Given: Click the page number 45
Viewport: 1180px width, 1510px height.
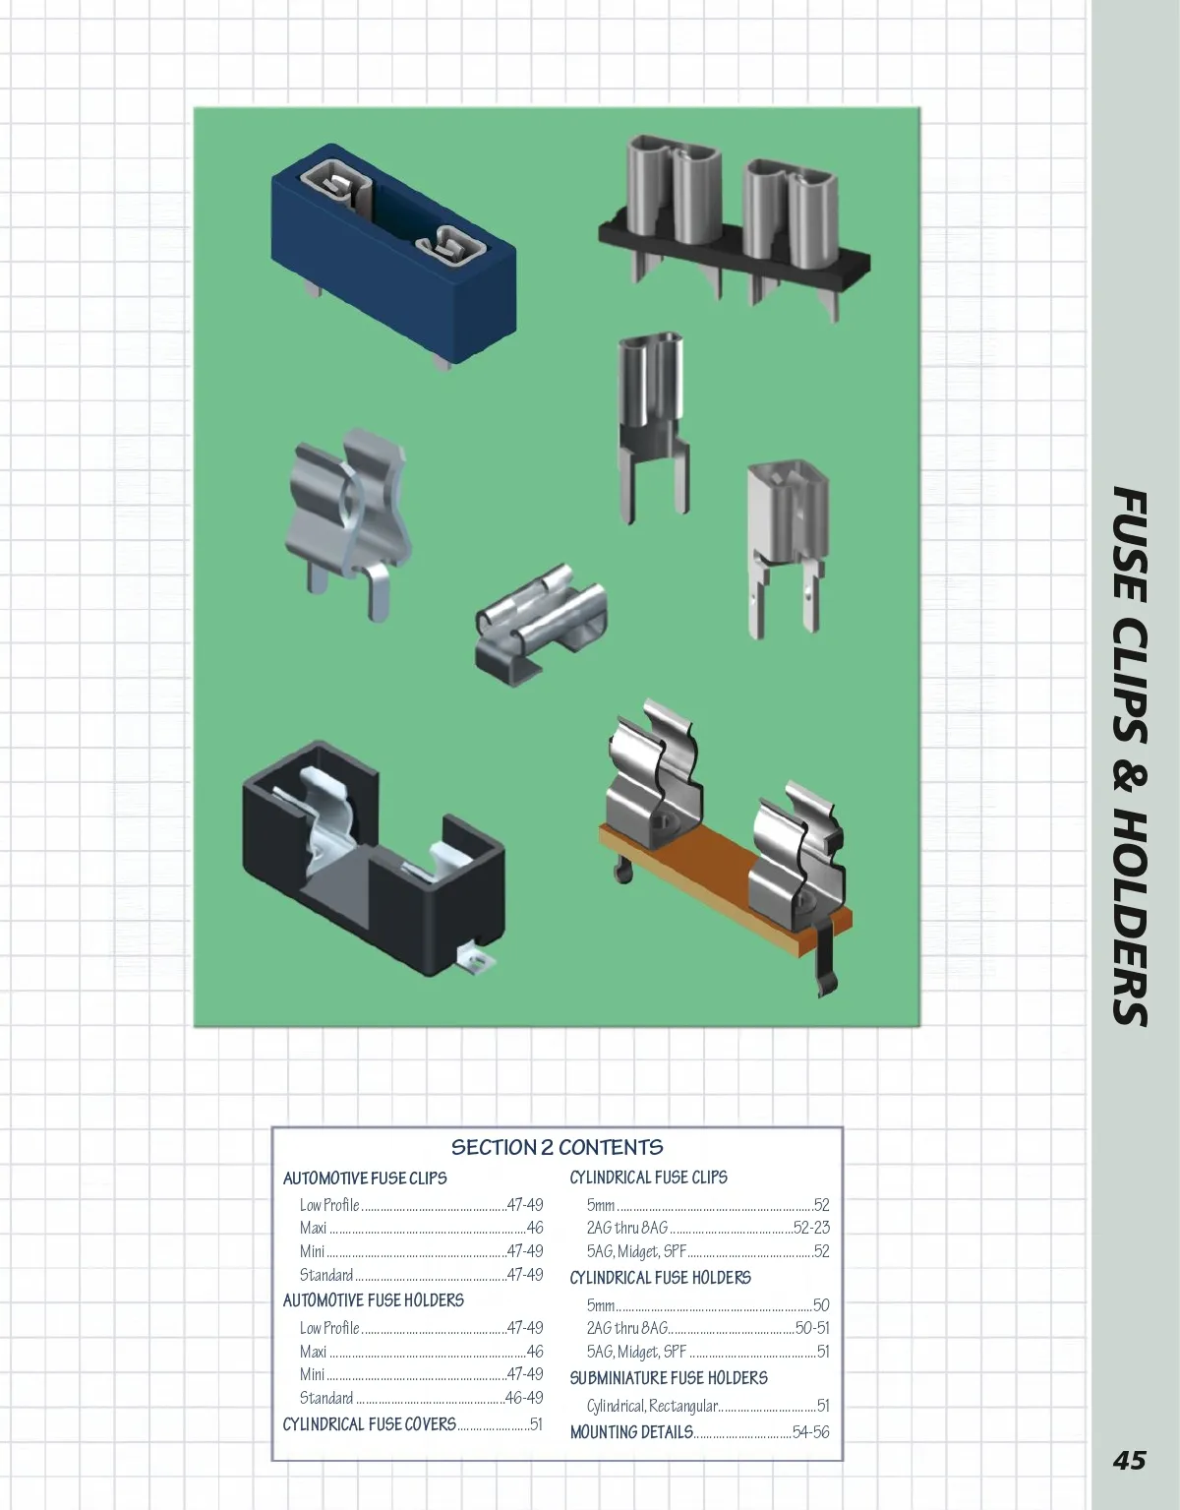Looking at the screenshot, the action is [1129, 1460].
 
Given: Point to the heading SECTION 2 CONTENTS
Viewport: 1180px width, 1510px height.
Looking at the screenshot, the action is [557, 1147].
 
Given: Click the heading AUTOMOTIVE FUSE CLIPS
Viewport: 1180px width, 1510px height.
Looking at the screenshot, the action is [365, 1178].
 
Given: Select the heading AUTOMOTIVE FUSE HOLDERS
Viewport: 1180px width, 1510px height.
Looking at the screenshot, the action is [373, 1300].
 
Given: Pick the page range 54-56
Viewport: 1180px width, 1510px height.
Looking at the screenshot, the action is [811, 1432].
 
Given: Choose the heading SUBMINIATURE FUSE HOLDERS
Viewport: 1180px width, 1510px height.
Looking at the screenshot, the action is [669, 1378].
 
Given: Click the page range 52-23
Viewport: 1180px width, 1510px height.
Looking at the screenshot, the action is [811, 1228].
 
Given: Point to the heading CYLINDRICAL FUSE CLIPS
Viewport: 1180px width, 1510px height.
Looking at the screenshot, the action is [649, 1178].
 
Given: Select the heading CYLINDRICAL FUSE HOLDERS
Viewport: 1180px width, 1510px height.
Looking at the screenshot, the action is [661, 1278].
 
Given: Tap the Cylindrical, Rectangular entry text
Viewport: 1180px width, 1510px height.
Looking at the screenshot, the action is [652, 1407].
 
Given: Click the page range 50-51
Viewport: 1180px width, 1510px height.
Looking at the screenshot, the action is [812, 1328].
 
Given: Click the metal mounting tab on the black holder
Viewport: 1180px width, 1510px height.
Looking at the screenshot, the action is [477, 960].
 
